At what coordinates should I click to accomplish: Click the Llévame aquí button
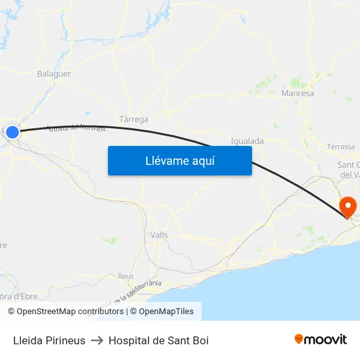[179, 160]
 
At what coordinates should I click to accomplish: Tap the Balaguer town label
[54, 74]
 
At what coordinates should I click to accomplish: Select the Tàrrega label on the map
[134, 120]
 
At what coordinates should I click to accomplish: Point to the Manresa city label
[297, 94]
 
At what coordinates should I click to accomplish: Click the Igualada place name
[247, 141]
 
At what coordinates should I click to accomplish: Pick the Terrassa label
[340, 147]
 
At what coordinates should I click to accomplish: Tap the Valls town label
[159, 235]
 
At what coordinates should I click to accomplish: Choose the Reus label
[126, 276]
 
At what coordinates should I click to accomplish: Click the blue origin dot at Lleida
[12, 132]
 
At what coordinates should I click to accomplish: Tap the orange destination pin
[347, 207]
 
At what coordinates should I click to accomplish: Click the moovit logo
[321, 340]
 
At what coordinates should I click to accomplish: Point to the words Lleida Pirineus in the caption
[49, 340]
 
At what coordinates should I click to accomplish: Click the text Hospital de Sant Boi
[158, 340]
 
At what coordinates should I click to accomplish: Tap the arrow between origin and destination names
[97, 340]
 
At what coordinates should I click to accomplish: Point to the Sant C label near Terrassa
[348, 164]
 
